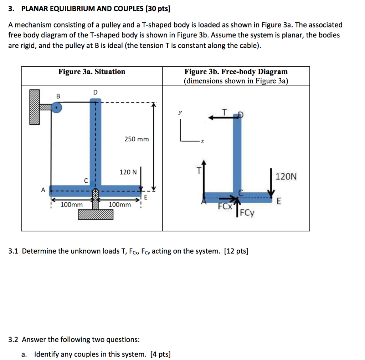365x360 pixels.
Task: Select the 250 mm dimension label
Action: coord(137,139)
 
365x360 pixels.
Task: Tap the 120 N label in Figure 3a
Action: coord(128,172)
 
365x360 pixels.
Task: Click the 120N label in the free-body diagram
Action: coord(286,177)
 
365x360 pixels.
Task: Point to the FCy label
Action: coord(247,213)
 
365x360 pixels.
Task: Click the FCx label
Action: coord(225,207)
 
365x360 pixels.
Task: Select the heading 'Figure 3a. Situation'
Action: coord(92,72)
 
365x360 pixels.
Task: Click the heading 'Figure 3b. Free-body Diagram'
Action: coord(236,72)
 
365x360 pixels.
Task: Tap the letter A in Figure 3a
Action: coord(43,190)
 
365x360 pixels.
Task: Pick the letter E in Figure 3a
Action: coord(146,198)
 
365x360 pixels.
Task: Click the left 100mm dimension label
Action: coord(71,205)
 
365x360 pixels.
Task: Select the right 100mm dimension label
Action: coord(119,205)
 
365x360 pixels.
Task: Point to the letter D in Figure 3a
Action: coord(95,93)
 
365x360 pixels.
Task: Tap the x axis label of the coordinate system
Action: coord(202,142)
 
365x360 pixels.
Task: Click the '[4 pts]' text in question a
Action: coord(160,354)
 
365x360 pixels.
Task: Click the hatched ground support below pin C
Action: coord(96,214)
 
